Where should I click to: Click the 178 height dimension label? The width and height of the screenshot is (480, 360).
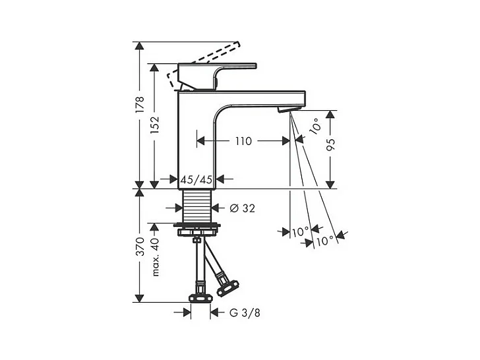[x=140, y=105]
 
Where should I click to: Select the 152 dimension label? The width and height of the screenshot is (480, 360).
[x=154, y=125]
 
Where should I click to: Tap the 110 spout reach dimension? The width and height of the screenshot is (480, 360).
[x=243, y=141]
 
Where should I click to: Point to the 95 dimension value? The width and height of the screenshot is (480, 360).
[x=330, y=144]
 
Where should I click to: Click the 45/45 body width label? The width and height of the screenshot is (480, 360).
[x=196, y=179]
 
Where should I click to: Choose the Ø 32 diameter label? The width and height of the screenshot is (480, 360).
[x=242, y=208]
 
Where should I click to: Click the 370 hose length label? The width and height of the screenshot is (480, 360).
[x=140, y=247]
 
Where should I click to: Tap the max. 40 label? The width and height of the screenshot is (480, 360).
[x=156, y=257]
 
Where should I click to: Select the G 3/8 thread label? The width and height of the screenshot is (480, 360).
[x=245, y=313]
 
